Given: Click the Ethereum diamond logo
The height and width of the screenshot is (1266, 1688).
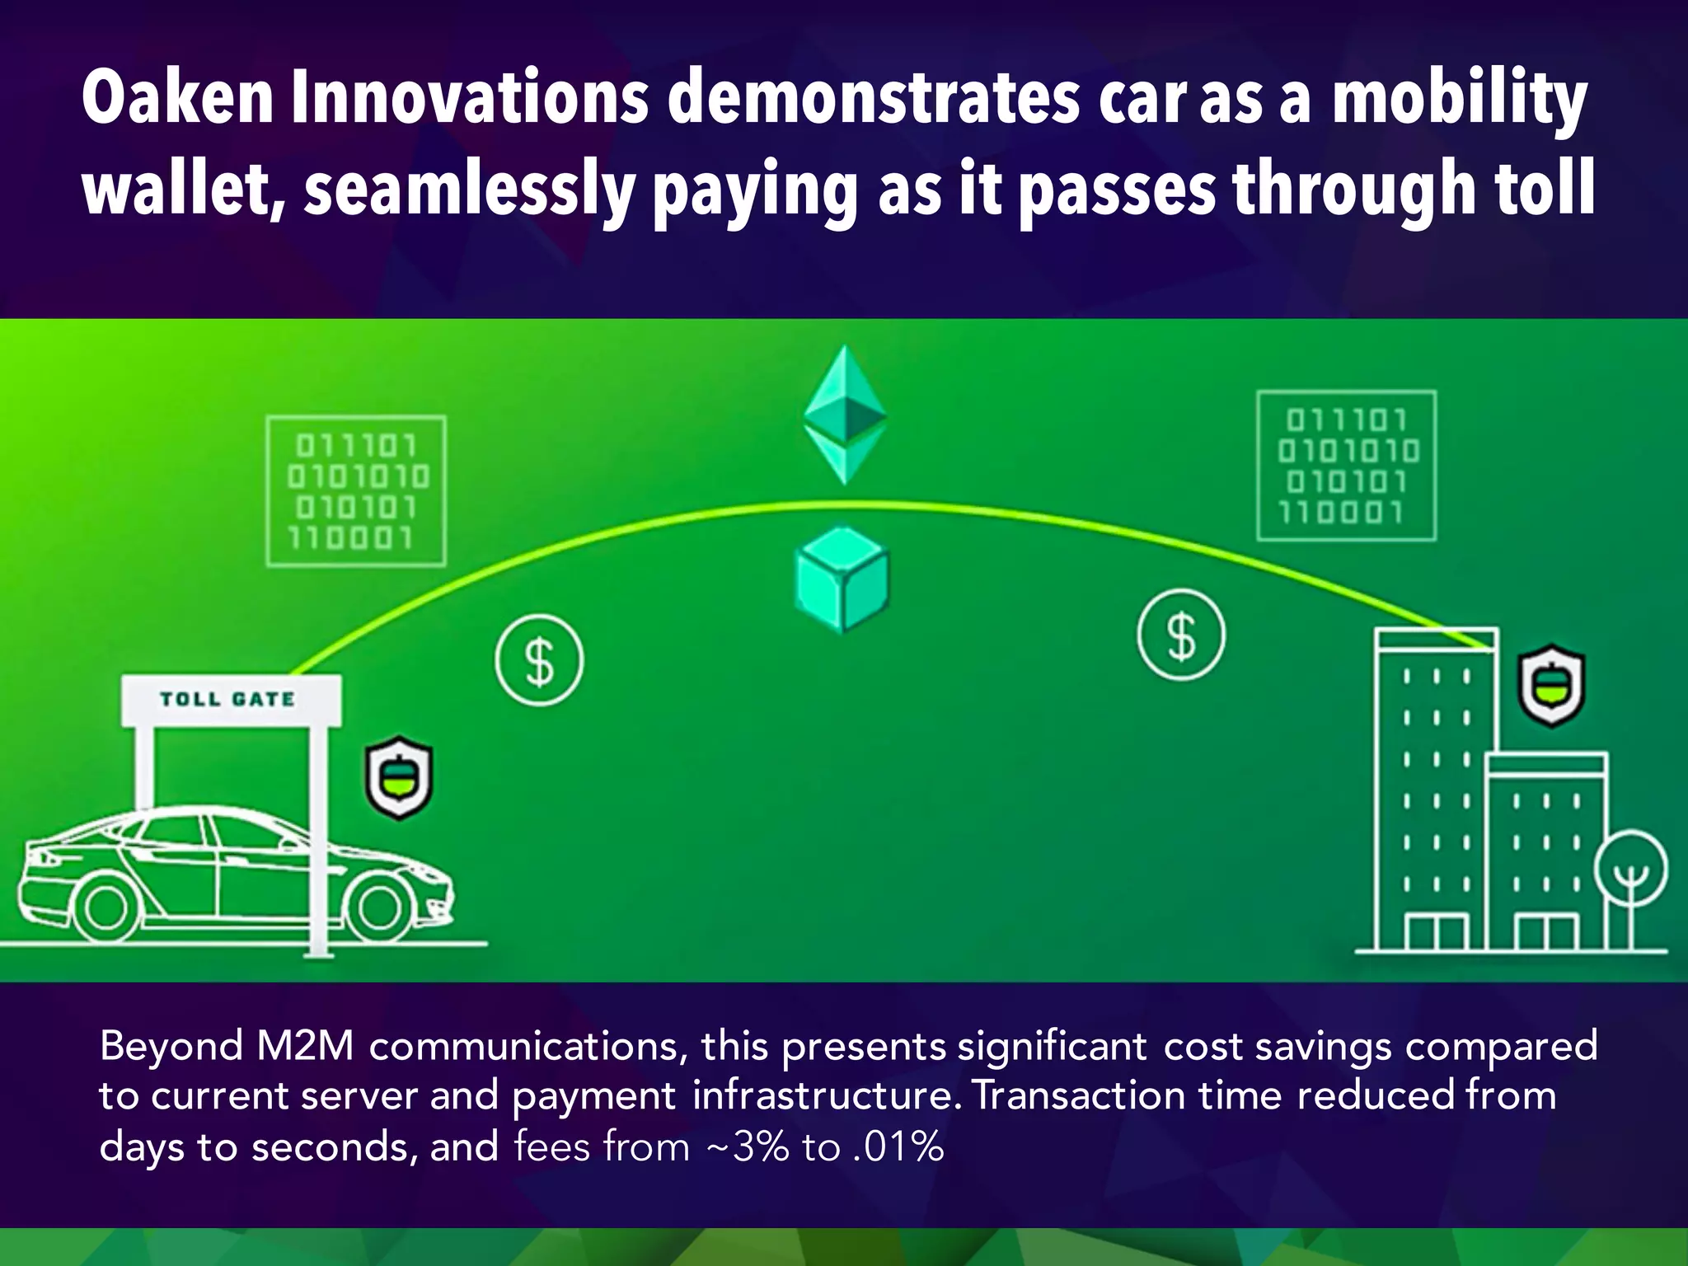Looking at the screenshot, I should coord(845,415).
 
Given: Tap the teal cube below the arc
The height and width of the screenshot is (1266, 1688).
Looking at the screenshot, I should coord(842,579).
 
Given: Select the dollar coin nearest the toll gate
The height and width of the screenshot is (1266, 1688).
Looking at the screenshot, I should coord(539,660).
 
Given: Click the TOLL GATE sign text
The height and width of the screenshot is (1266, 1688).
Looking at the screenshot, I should coord(227,700).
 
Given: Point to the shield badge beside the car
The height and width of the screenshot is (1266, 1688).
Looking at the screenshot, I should coord(399,777).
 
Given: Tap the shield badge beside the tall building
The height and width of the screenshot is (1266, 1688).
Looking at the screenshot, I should coord(1552,685).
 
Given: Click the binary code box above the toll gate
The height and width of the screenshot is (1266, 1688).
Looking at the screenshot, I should coord(356,491).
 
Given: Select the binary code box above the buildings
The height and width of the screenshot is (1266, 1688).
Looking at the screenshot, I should coord(1346,466).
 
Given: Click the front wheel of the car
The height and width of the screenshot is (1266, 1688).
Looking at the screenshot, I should coord(378,909).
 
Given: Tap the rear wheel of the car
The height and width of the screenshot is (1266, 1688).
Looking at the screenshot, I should coord(106,908).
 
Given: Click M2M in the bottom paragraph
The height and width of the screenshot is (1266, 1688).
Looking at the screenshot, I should coord(305,1046).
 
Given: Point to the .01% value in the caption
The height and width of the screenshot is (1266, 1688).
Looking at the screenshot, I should coord(898,1146).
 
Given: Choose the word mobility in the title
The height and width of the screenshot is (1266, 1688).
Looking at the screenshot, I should coord(1459,99).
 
